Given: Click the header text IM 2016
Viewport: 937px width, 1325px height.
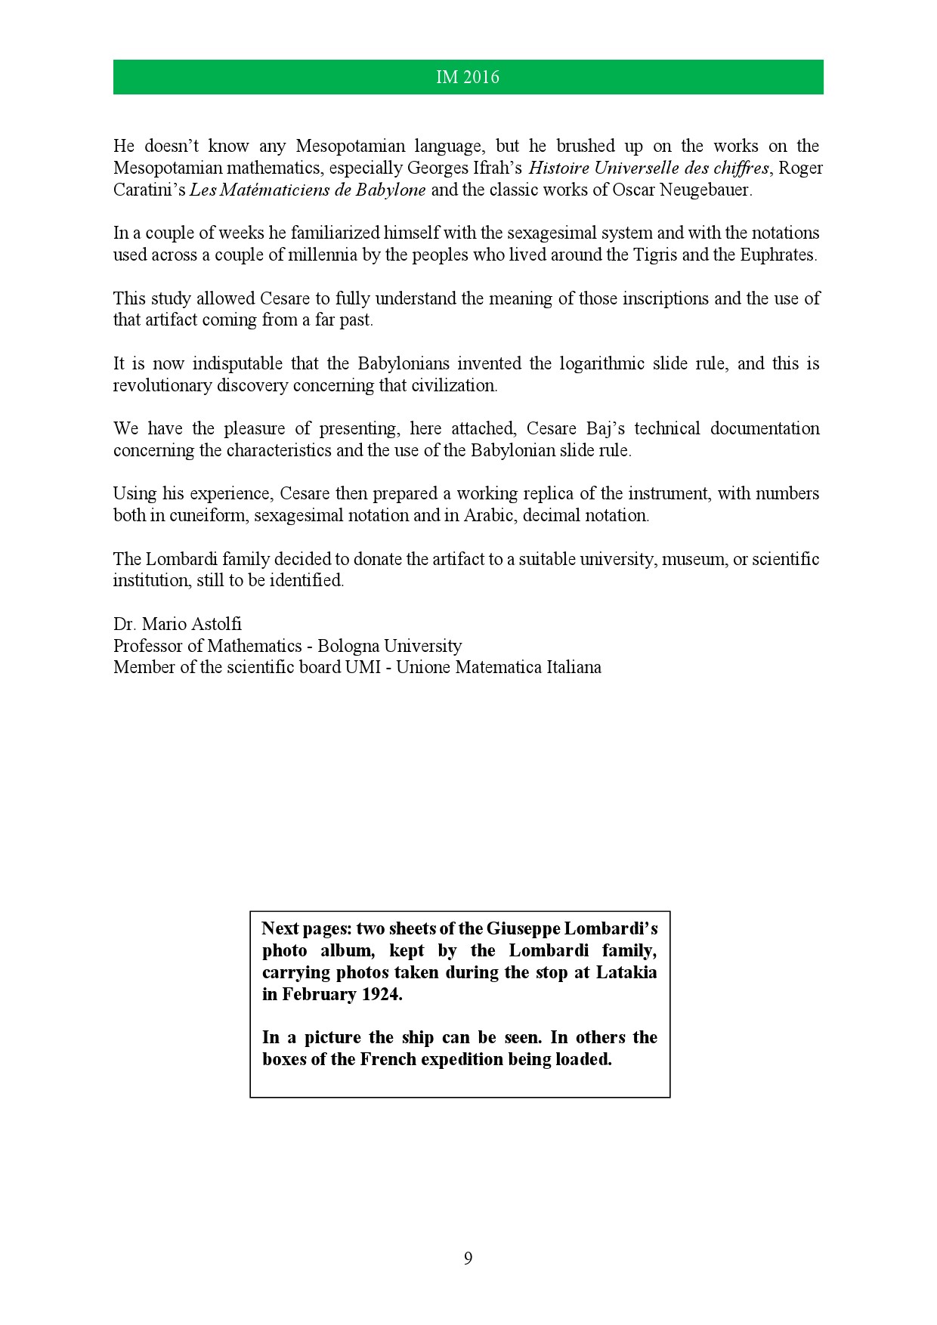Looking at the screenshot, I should pos(468,77).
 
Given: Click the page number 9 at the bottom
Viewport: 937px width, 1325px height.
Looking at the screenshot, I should pos(468,1258).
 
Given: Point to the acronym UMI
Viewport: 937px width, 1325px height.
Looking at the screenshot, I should pos(361,668).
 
